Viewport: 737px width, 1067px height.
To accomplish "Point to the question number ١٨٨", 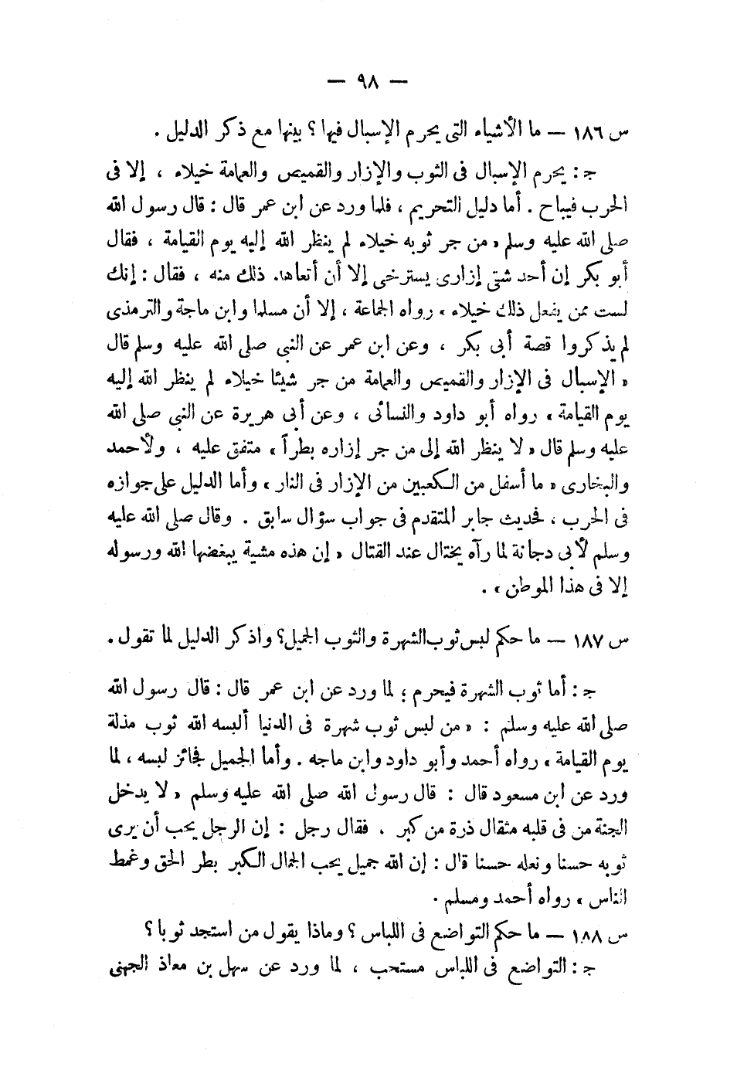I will point(610,934).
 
